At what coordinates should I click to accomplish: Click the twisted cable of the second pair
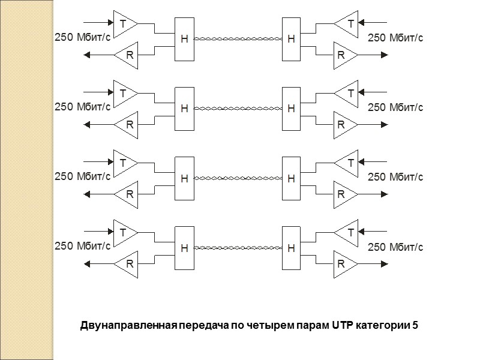238,109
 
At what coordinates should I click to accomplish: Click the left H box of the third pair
184,178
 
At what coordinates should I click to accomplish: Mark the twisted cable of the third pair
238,178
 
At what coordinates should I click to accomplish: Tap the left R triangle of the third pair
127,194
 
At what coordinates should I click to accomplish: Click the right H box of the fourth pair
291,247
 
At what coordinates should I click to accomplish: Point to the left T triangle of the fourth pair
124,232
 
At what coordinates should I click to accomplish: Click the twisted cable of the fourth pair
238,247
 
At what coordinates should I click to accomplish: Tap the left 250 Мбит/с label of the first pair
82,38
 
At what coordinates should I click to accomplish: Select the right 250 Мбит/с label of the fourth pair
395,246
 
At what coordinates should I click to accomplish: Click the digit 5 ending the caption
415,326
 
